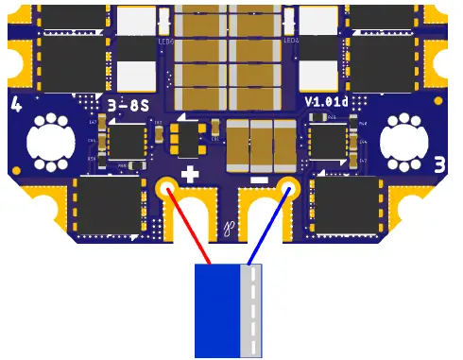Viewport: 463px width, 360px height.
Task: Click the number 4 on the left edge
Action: [x=16, y=104]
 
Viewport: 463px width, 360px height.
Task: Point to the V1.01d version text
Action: [x=325, y=101]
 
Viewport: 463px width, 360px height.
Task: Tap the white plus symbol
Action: [x=190, y=174]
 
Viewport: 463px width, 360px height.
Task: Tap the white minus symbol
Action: [x=259, y=178]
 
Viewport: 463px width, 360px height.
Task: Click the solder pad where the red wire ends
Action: [x=166, y=187]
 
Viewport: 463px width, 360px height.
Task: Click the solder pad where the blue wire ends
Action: [x=288, y=187]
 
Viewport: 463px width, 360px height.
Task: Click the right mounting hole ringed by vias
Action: [x=404, y=142]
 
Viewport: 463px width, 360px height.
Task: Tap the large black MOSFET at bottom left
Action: [x=105, y=206]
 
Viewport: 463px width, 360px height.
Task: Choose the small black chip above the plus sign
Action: [x=190, y=138]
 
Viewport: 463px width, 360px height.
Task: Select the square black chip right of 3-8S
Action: [x=127, y=142]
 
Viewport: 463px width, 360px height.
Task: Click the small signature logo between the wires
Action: [x=228, y=227]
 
